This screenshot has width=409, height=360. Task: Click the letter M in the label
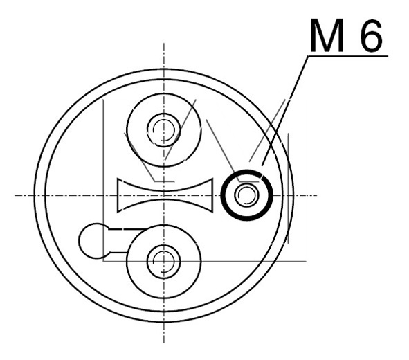click(x=327, y=35)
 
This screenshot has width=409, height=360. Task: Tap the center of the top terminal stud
click(x=164, y=130)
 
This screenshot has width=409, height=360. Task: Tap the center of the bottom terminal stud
click(x=164, y=262)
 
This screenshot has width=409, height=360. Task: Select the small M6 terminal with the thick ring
click(x=247, y=195)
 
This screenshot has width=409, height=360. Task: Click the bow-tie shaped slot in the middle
click(x=165, y=195)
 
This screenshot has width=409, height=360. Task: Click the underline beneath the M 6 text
click(x=348, y=56)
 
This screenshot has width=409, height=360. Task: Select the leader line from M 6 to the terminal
click(x=285, y=111)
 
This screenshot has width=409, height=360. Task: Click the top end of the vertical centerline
click(x=164, y=42)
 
